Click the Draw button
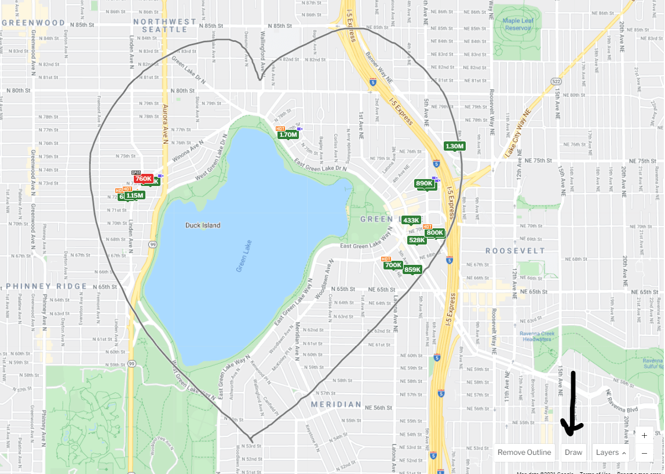573,453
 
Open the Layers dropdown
611,453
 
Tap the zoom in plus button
644,436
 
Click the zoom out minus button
644,453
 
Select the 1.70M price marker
288,135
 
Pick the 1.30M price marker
455,146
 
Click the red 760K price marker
143,179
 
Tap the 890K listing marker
425,184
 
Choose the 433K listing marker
411,220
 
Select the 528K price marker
417,240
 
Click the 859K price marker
412,269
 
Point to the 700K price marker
393,265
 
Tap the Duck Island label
203,225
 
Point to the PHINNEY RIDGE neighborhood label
46,286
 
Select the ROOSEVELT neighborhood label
515,251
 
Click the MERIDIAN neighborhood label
336,404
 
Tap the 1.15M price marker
134,196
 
